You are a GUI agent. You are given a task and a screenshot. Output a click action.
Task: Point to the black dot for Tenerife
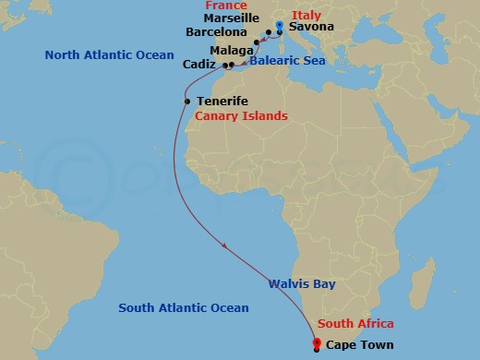[x=187, y=102]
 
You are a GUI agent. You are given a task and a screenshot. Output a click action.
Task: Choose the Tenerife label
[x=222, y=102]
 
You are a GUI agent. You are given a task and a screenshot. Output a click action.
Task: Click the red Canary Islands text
[x=241, y=116]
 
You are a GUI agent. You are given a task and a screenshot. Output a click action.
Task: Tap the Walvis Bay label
[x=302, y=284]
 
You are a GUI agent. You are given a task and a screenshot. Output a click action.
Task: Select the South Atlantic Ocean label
[x=185, y=308]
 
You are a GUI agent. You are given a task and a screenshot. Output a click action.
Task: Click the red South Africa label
[x=355, y=324]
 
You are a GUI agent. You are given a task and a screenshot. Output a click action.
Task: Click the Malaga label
[x=227, y=50]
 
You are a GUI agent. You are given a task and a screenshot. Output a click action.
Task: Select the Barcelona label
[x=216, y=31]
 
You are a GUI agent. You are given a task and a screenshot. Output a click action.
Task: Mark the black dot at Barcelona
[x=256, y=42]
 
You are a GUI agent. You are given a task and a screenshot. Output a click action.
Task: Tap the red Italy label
[x=306, y=15]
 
